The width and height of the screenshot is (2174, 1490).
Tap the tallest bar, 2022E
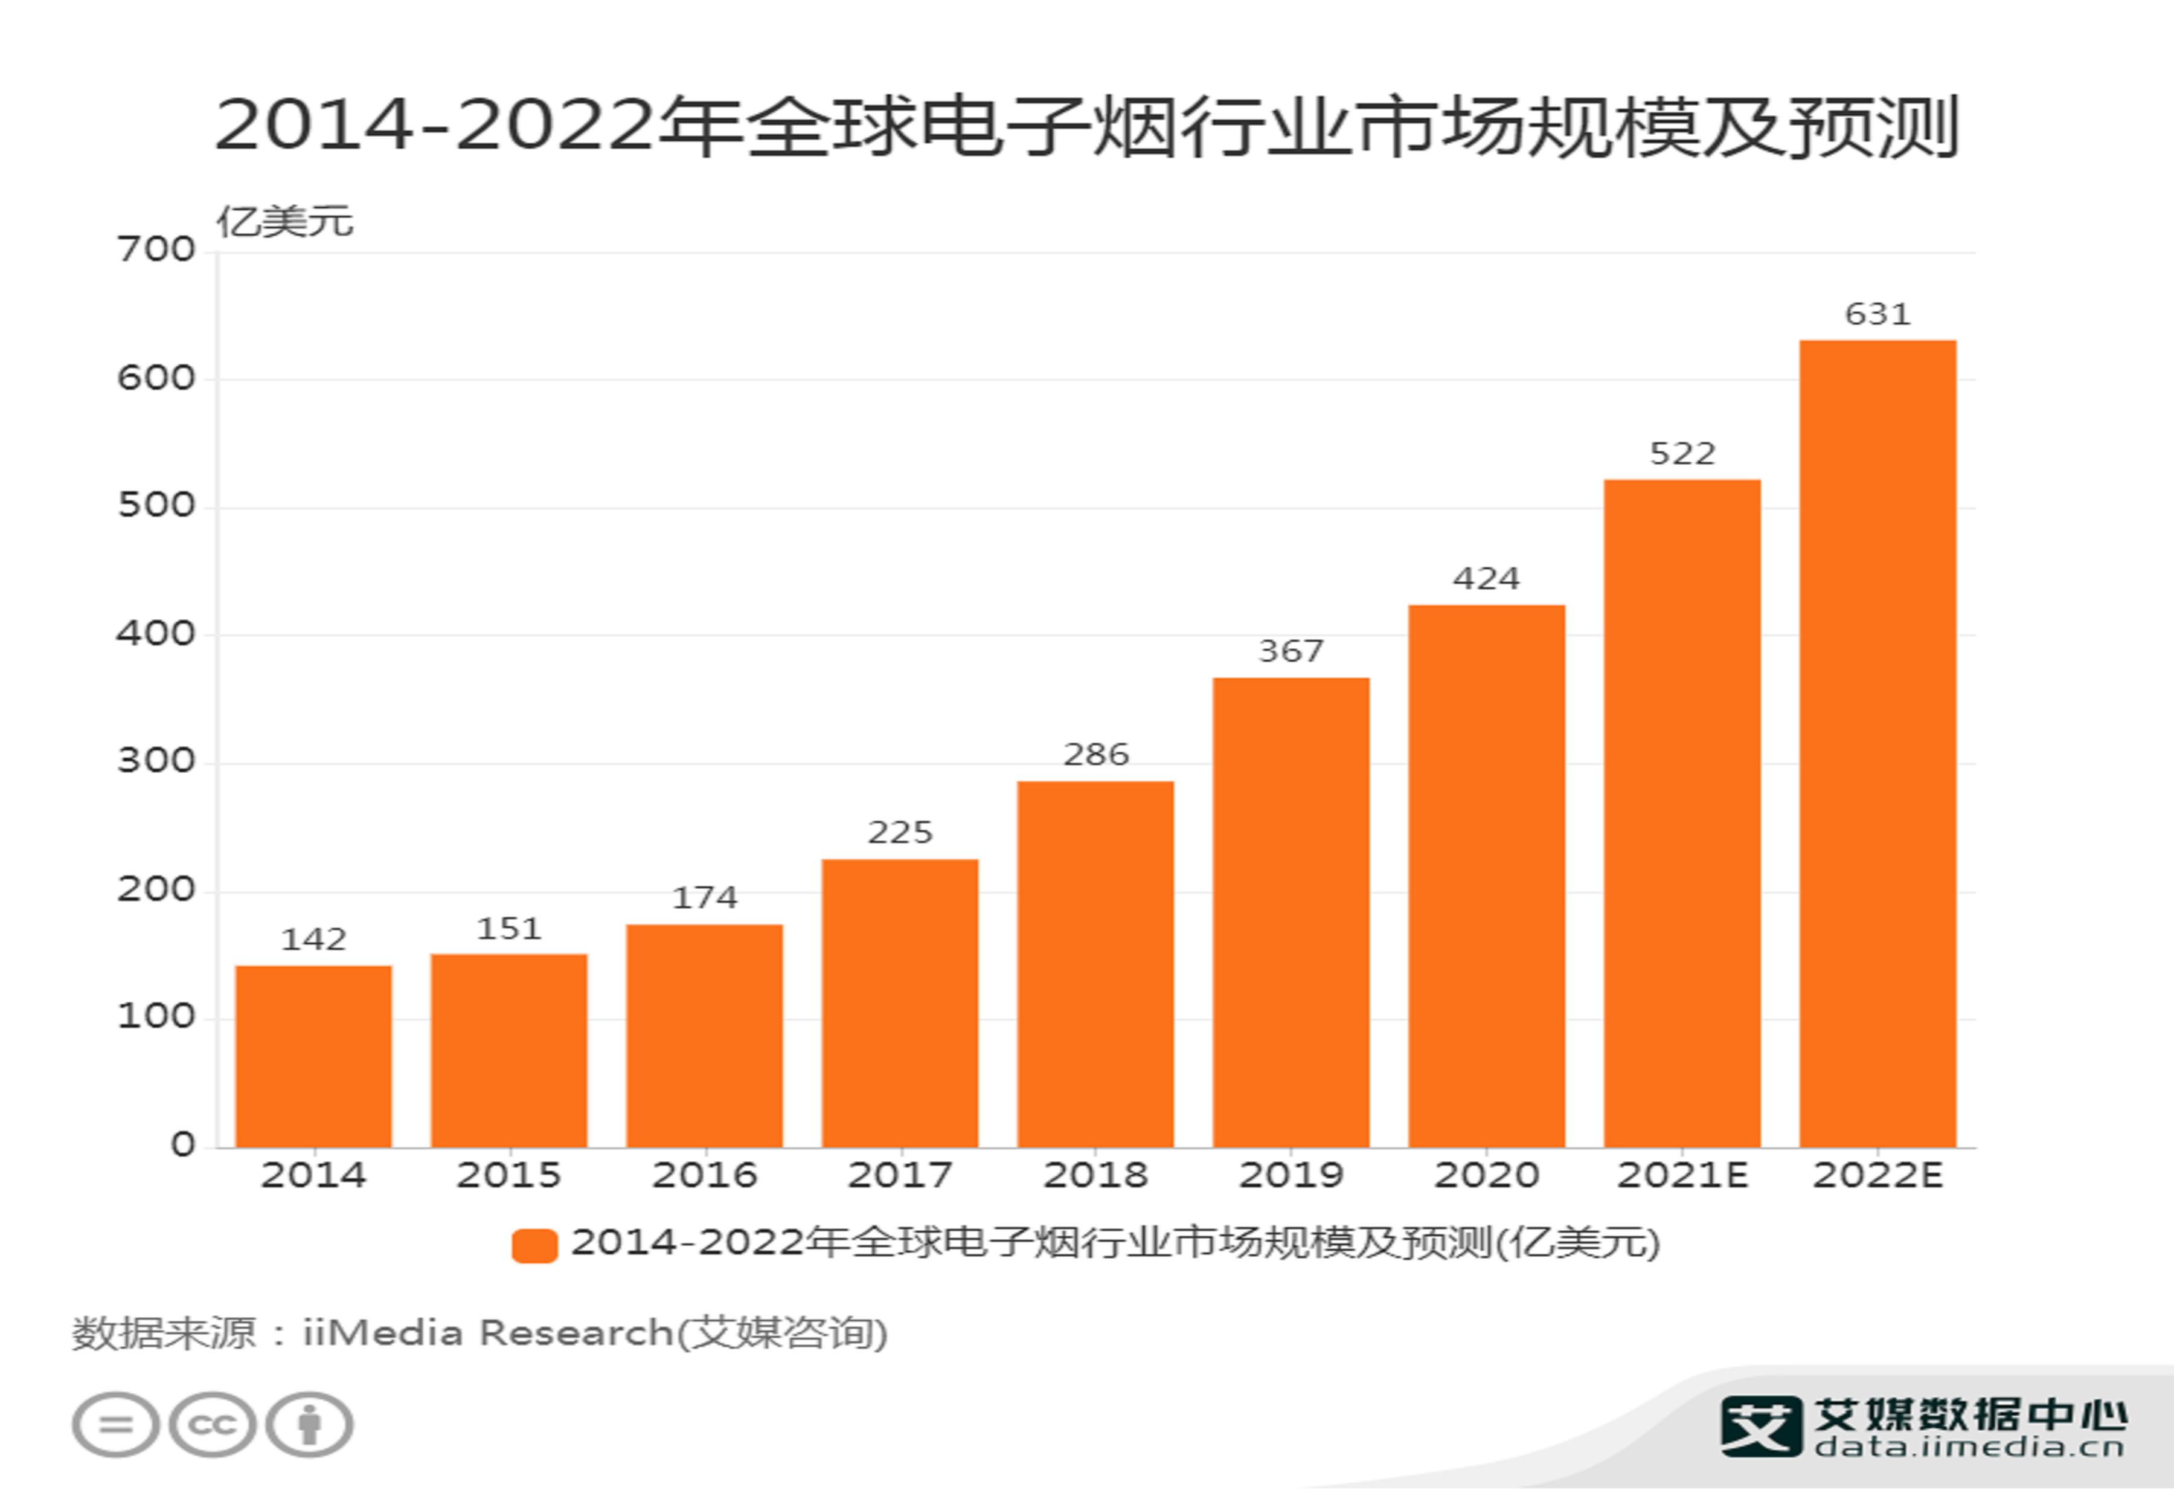1877,743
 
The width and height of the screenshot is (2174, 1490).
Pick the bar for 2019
1291,912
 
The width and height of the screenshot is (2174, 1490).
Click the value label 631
1877,314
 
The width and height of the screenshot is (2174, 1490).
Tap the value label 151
509,929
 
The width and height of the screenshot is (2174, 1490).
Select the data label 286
1095,754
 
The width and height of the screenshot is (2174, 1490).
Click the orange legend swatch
535,1246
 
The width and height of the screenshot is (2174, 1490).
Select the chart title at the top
1085,126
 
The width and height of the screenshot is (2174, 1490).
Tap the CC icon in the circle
213,1425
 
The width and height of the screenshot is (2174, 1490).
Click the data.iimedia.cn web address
1969,1448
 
